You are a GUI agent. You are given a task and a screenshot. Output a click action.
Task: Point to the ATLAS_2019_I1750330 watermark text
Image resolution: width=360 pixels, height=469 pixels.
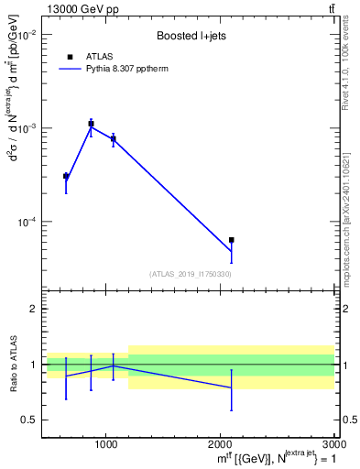(191, 274)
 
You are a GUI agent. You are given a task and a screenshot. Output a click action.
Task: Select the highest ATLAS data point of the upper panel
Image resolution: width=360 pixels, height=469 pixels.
(91, 123)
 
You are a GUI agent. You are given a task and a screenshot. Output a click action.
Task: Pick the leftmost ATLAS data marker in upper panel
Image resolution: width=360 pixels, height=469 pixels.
(66, 176)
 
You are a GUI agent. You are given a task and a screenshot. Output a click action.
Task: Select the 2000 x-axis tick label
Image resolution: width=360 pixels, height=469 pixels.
(221, 442)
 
